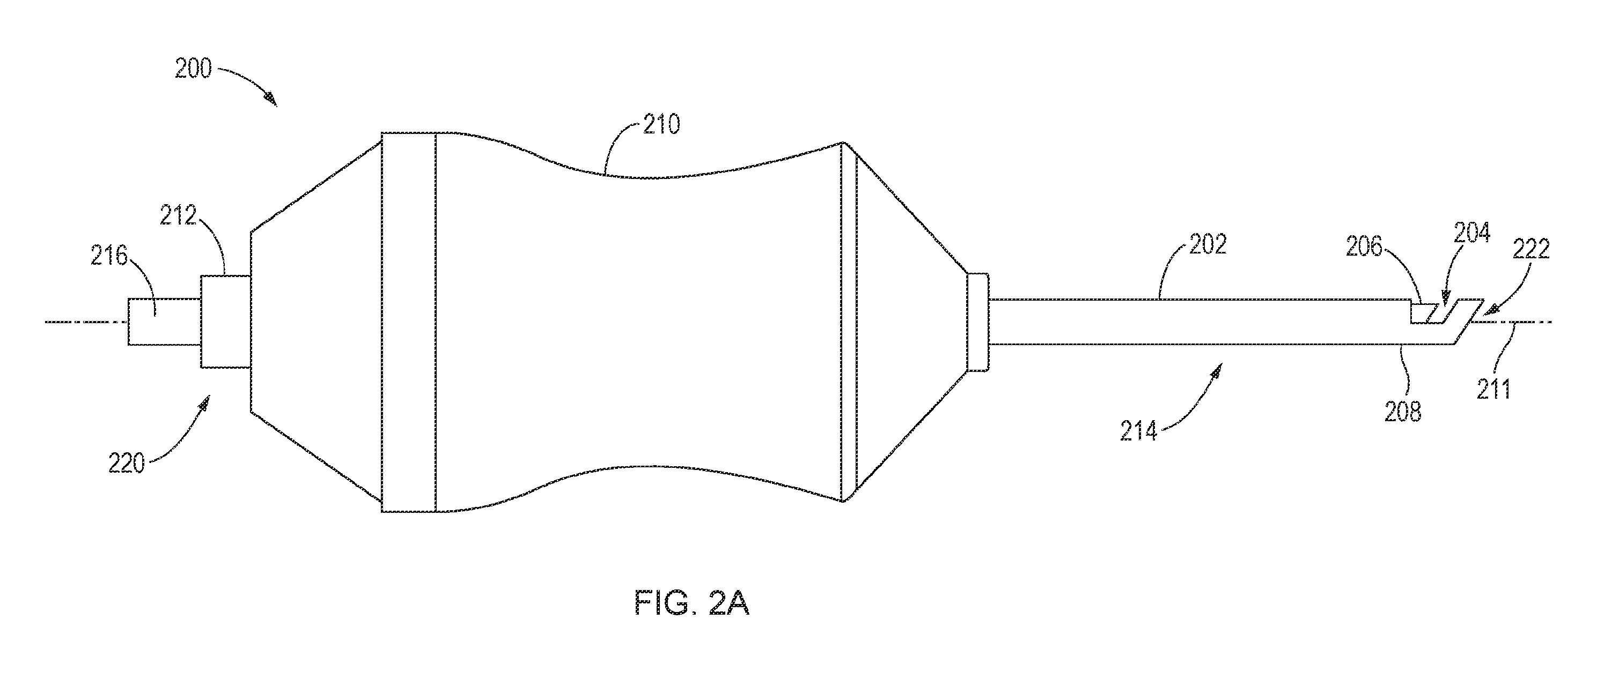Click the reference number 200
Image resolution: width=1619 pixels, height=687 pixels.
click(x=194, y=69)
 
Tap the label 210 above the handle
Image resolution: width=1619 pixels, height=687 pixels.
click(x=662, y=125)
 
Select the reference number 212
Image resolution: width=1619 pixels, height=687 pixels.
click(x=179, y=216)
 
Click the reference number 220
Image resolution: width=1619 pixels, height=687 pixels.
click(x=126, y=464)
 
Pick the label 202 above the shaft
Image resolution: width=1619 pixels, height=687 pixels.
click(x=1208, y=245)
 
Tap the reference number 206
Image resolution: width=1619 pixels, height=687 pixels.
click(x=1365, y=248)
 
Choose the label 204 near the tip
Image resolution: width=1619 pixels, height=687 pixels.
click(x=1472, y=234)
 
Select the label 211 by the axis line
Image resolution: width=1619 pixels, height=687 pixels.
click(x=1493, y=390)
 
